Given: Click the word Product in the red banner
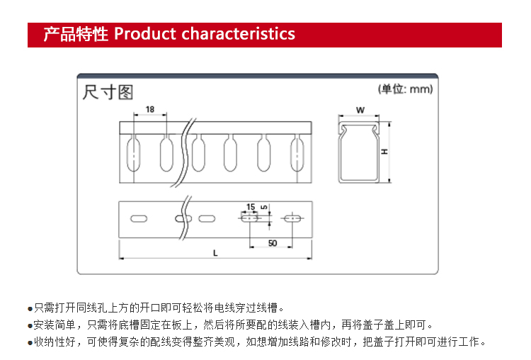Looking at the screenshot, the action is pyautogui.click(x=145, y=34).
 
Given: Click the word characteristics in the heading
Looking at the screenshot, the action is pyautogui.click(x=239, y=34).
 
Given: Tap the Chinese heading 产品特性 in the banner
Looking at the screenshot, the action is pyautogui.click(x=76, y=34).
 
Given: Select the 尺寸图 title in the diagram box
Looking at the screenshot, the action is pyautogui.click(x=108, y=92).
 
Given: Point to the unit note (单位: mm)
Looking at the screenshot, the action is pyautogui.click(x=406, y=89).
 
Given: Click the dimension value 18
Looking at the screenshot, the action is pyautogui.click(x=150, y=110).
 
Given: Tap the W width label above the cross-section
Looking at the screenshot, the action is pyautogui.click(x=360, y=110).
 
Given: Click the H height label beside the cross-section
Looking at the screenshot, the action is pyautogui.click(x=384, y=152).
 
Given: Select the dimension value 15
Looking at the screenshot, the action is pyautogui.click(x=251, y=207).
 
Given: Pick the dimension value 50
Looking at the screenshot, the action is pyautogui.click(x=273, y=243).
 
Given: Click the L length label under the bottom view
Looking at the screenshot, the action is pyautogui.click(x=215, y=253).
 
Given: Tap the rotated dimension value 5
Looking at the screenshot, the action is pyautogui.click(x=264, y=207).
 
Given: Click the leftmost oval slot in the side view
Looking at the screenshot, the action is pyautogui.click(x=133, y=154).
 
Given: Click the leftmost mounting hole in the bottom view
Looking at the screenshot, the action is pyautogui.click(x=139, y=219).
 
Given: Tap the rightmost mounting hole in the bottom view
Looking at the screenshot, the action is pyautogui.click(x=292, y=218).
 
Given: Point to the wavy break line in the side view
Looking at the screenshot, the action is pyautogui.click(x=185, y=152).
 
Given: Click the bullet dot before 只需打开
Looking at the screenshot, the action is pyautogui.click(x=30, y=309).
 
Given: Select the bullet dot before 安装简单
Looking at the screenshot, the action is pyautogui.click(x=30, y=326).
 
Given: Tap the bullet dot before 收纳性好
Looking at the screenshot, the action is pyautogui.click(x=30, y=343).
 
